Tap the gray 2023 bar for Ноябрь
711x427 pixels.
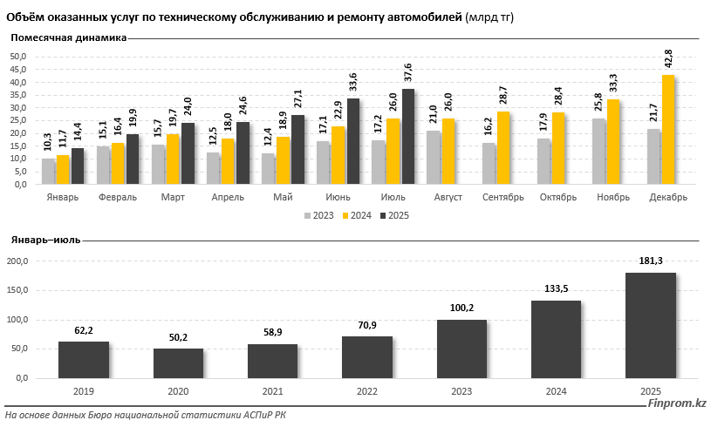598,152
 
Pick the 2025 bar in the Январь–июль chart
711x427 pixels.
651,326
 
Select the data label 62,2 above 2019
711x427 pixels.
84,330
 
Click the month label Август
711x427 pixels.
448,198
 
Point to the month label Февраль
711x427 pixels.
116,198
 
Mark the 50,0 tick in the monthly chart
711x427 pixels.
18,57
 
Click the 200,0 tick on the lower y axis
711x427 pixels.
17,261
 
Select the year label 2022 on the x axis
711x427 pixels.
366,392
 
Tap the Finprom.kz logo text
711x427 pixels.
677,403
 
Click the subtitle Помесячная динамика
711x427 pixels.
68,37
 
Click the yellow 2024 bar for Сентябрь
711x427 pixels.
503,148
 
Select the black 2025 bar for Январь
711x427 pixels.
78,166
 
